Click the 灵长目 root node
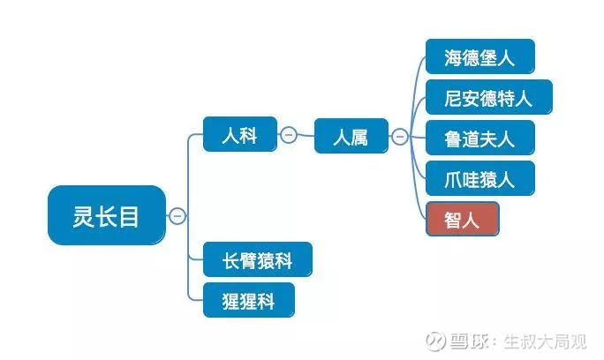(106, 215)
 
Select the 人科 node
(239, 135)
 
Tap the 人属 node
(351, 137)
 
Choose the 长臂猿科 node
(257, 260)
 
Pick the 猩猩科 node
(248, 300)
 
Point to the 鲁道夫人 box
(479, 137)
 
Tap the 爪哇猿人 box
(479, 177)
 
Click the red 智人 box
(462, 218)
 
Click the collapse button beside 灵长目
(177, 215)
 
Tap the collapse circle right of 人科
(288, 135)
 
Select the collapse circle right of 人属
(400, 137)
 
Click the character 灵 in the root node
(83, 215)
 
